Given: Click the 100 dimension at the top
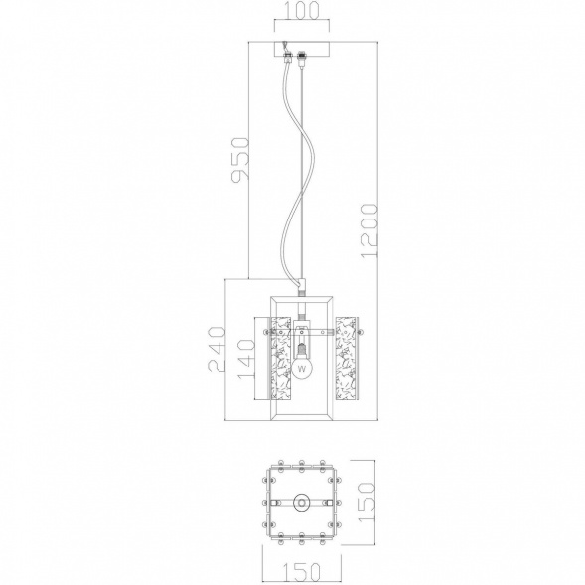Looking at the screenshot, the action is [302, 10].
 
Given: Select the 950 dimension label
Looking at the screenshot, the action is [239, 160].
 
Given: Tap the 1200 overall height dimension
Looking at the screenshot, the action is [369, 230].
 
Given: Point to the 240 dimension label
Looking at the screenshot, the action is [217, 350].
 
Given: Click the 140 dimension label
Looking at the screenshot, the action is [246, 360].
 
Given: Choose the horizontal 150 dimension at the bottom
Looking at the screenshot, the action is [302, 571].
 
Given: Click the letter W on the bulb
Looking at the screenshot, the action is [302, 369].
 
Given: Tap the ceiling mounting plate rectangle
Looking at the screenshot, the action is [302, 49].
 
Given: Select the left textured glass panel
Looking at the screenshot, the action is [280, 359].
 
